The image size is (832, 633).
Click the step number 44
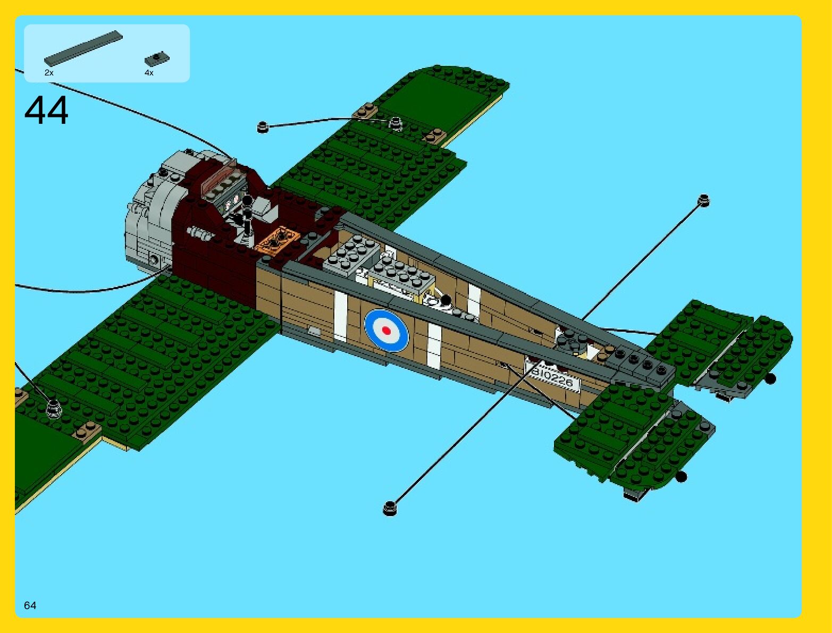[x=46, y=111]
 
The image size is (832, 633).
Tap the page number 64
[x=30, y=605]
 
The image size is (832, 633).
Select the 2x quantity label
[x=49, y=73]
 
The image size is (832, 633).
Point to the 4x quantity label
[x=149, y=73]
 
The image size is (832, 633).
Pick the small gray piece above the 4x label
[x=157, y=57]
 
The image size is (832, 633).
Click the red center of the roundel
[x=386, y=331]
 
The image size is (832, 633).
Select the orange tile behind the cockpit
[x=277, y=239]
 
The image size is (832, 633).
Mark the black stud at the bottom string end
[x=390, y=509]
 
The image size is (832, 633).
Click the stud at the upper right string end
[x=704, y=200]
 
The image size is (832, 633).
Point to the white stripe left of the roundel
[x=341, y=318]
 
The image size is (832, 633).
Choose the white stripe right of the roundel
[x=434, y=345]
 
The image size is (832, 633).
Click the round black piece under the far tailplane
[x=770, y=378]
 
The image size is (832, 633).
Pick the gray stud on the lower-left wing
[x=53, y=408]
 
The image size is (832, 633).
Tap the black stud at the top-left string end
[x=262, y=127]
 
